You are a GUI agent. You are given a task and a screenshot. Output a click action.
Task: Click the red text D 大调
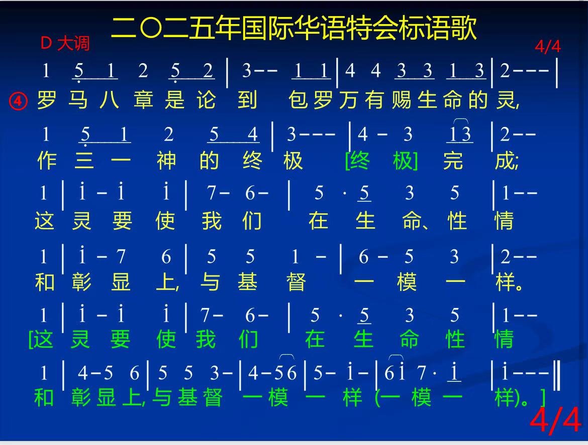click(65, 44)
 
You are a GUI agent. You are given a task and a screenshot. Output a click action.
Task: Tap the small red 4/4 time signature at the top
click(548, 47)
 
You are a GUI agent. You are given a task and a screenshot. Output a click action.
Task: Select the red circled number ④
click(18, 101)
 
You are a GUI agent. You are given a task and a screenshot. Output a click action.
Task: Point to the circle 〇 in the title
click(151, 29)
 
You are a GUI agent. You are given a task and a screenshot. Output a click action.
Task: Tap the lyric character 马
click(78, 100)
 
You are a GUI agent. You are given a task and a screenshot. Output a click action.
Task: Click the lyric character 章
click(144, 100)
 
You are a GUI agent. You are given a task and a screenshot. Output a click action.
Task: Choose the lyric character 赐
click(402, 100)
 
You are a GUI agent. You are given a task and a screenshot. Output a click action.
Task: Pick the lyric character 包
click(298, 100)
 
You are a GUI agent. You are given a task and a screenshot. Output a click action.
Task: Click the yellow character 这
click(45, 220)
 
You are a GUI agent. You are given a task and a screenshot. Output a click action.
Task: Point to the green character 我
click(206, 339)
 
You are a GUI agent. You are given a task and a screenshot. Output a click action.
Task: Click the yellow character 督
click(296, 282)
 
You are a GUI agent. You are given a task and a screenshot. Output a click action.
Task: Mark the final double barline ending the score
click(558, 375)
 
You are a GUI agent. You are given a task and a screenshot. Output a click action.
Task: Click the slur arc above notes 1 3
click(461, 120)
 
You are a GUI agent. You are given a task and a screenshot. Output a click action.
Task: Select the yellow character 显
click(121, 282)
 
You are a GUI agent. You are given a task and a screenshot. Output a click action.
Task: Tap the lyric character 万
click(349, 100)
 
